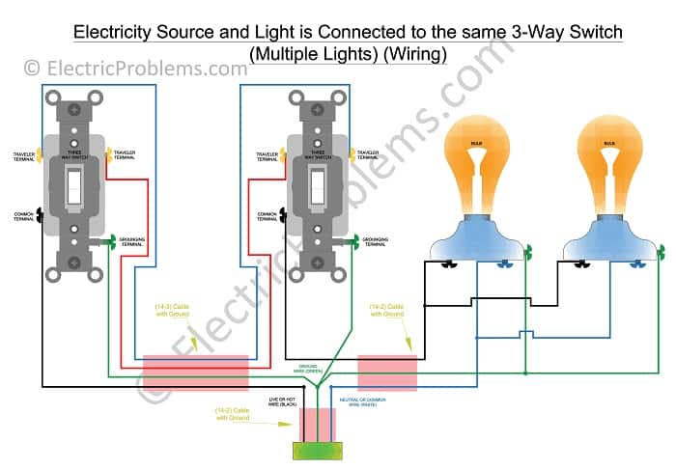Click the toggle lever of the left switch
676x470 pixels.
pyautogui.click(x=71, y=189)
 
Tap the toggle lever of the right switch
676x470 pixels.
pyautogui.click(x=316, y=189)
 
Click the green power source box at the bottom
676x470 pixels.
pyautogui.click(x=318, y=449)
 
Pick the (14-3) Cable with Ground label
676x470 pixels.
pyautogui.click(x=177, y=312)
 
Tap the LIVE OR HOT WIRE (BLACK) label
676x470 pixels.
pyautogui.click(x=287, y=403)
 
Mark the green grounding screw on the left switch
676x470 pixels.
pyautogui.click(x=112, y=239)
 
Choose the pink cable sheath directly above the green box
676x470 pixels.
pyautogui.click(x=318, y=423)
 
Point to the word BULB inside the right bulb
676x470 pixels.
pyautogui.click(x=609, y=143)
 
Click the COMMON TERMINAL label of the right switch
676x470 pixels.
pyautogui.click(x=268, y=216)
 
